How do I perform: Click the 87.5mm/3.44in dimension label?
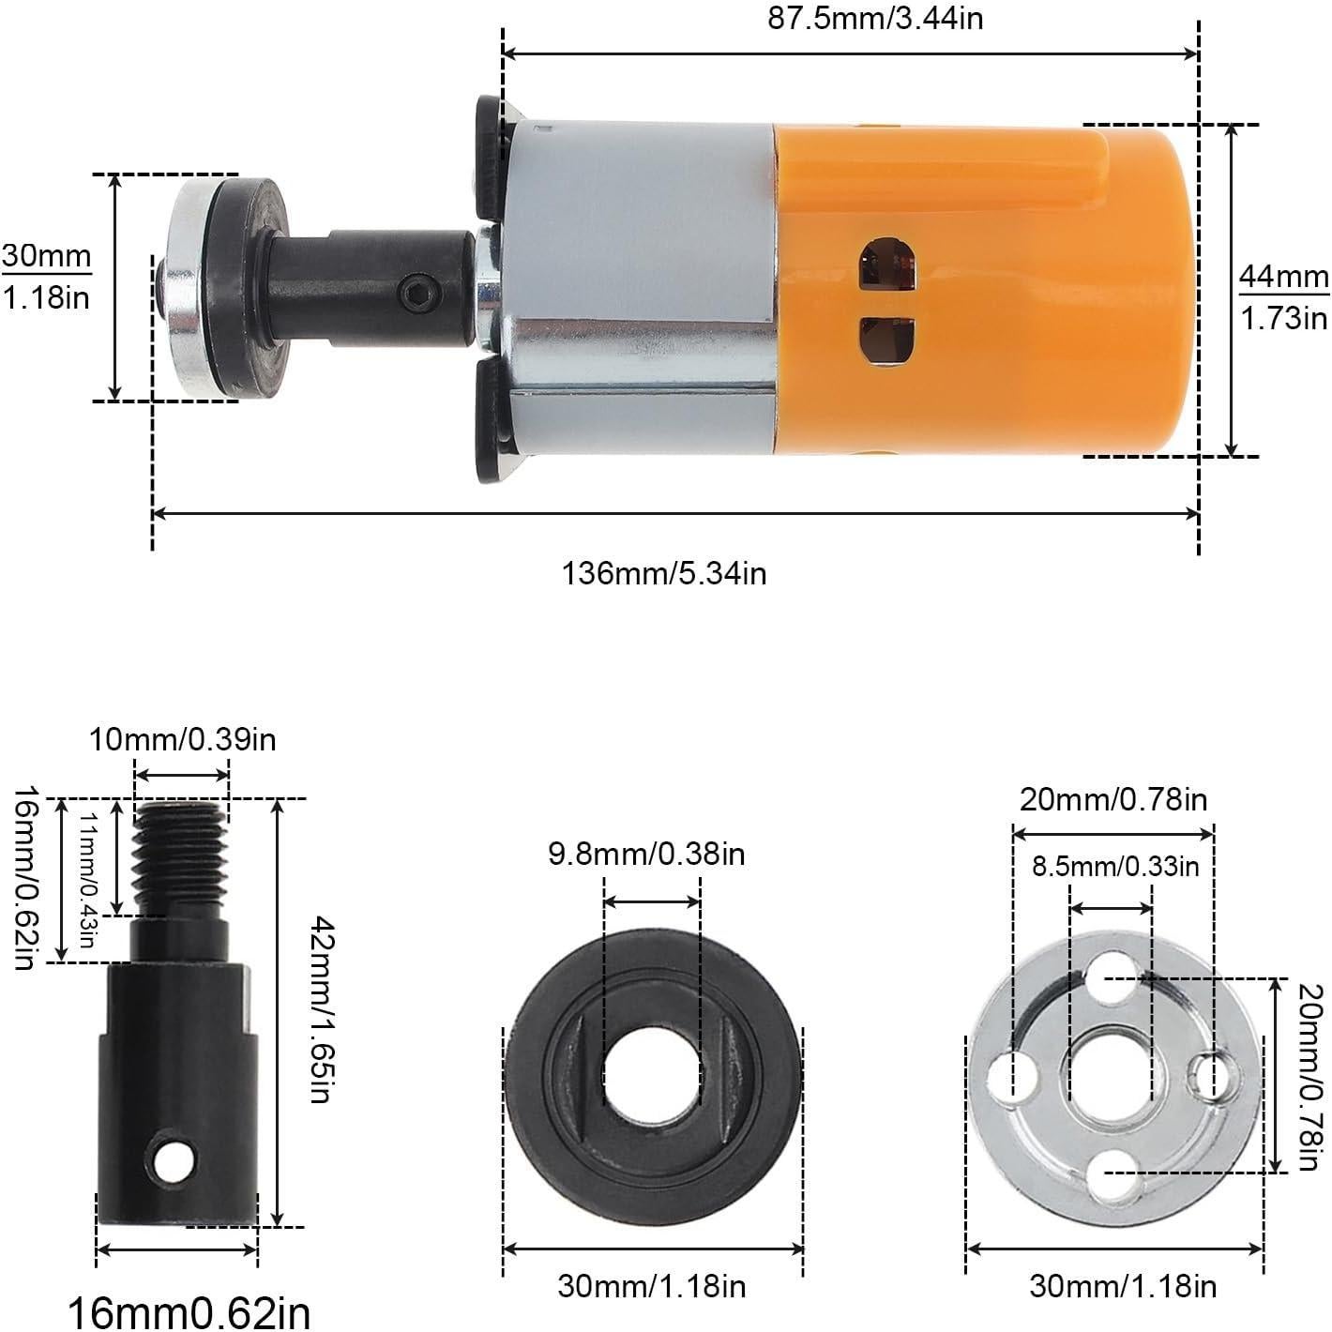coord(875,18)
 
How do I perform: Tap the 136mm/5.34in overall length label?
coord(664,571)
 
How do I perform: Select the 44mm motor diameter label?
coord(1283,296)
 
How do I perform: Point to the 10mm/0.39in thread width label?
coord(182,739)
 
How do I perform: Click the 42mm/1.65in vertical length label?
coord(319,1010)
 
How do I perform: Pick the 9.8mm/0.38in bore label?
coord(646,854)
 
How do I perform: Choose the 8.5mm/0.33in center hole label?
coord(1115,865)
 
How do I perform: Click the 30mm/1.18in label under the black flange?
coord(652,1283)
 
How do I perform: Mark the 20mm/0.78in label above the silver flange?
coord(1113,799)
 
